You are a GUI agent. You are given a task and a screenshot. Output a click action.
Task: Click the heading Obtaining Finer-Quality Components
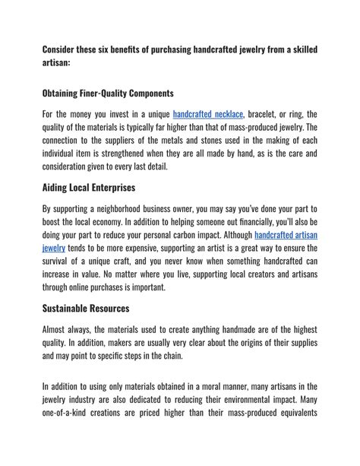(x=108, y=94)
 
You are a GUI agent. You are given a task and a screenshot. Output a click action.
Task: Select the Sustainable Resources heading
(x=86, y=309)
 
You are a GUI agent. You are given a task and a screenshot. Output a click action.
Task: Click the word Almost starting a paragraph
(x=58, y=329)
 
